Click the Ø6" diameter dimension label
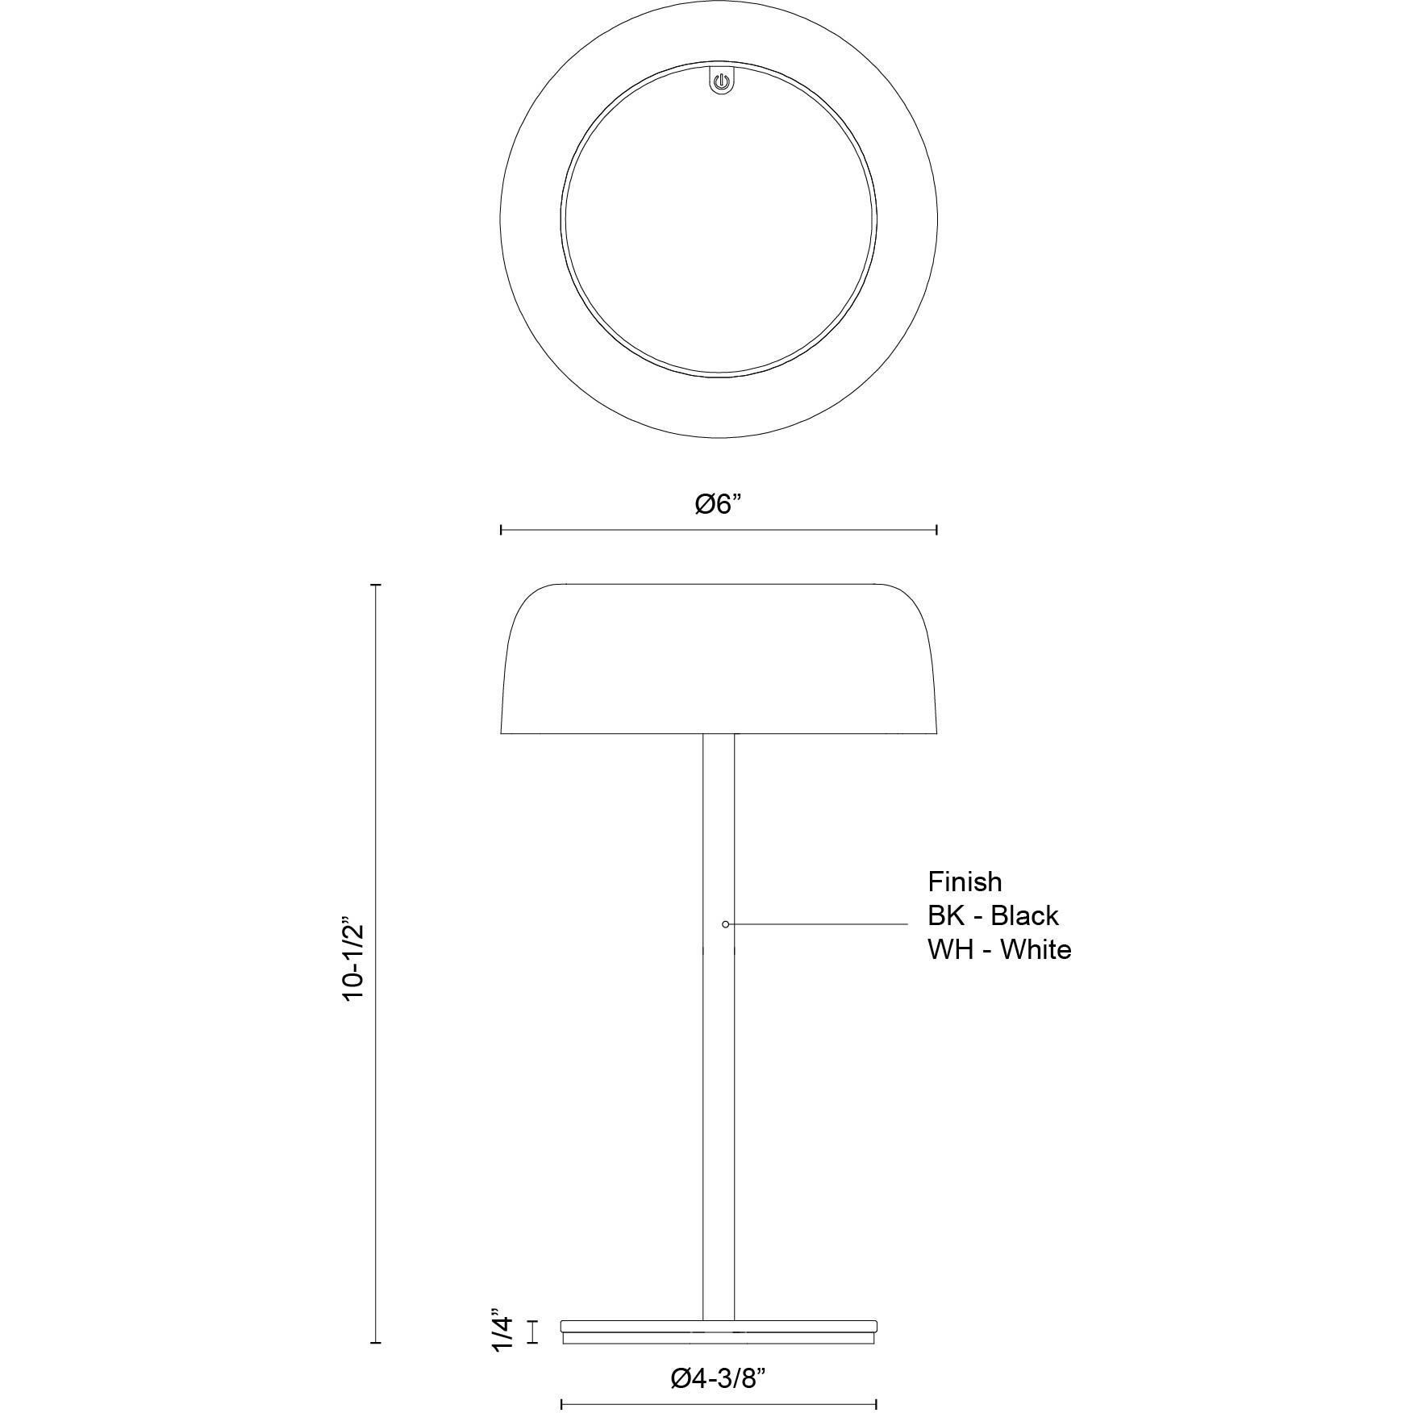(718, 505)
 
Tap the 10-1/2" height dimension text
(354, 959)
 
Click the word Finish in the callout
(965, 882)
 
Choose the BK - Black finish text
(993, 915)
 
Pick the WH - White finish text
(999, 949)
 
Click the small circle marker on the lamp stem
(726, 924)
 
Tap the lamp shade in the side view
(719, 658)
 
